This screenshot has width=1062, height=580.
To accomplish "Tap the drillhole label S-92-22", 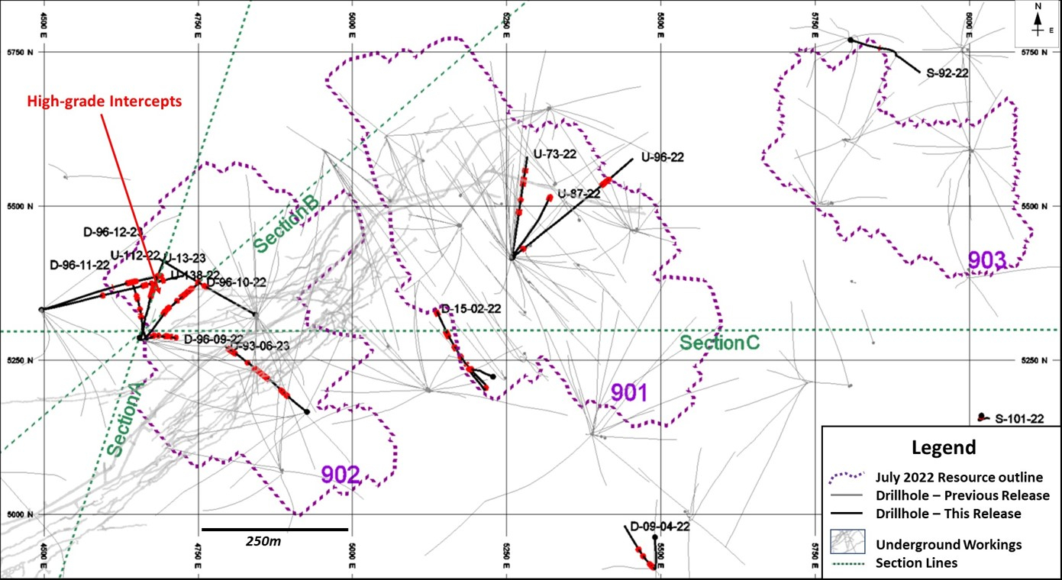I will coord(947,74).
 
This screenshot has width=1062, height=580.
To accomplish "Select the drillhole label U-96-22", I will coord(662,158).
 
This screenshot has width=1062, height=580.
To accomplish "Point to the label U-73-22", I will coord(555,153).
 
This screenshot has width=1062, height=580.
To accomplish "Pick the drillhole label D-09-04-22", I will coord(660,527).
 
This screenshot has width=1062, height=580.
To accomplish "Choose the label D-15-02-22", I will coord(470,309).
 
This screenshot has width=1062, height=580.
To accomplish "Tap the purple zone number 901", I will coord(629,394).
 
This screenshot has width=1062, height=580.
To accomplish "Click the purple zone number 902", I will coord(340,475).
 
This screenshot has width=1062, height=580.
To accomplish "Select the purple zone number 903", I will coord(987,260).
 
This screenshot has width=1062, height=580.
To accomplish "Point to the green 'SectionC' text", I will coord(720,343).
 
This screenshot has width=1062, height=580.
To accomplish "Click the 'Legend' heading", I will coord(943,447).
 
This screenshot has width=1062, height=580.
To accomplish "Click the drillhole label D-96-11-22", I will coord(79,265).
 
